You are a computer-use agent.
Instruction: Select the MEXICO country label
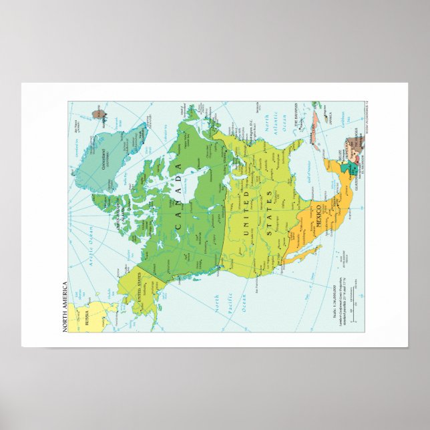318,217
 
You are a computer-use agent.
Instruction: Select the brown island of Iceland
101,108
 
